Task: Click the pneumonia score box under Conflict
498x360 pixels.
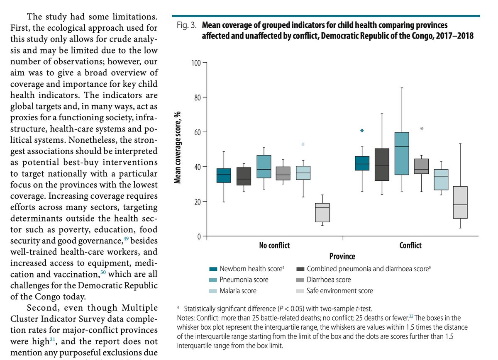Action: [x=402, y=153]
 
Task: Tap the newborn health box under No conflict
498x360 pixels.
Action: [x=224, y=175]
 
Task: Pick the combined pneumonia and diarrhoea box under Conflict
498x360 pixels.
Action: [x=382, y=164]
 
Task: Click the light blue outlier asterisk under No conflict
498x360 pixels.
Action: [x=303, y=145]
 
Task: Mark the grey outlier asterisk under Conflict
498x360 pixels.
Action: [x=422, y=129]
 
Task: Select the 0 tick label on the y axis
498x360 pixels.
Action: [x=198, y=236]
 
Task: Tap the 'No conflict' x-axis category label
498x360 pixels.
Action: [x=274, y=245]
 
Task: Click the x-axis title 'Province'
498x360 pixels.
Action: [x=342, y=256]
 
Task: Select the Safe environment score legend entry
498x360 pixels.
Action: [x=340, y=291]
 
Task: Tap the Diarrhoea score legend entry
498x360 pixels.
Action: [x=329, y=280]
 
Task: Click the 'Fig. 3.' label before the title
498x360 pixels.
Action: [x=186, y=25]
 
